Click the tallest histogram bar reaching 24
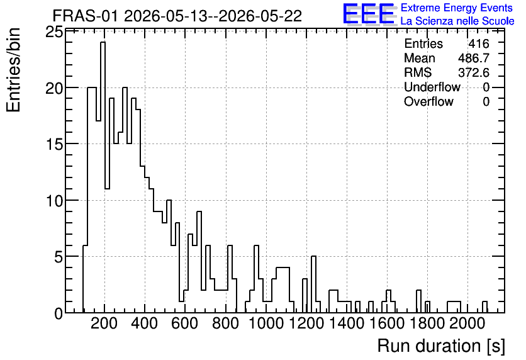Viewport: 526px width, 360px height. [103, 177]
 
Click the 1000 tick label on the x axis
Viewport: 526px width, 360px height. [266, 323]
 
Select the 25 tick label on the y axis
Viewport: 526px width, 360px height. [54, 33]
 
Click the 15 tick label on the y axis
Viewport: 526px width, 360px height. [54, 145]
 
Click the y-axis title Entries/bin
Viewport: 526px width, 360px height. [14, 70]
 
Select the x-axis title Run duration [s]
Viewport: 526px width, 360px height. [441, 346]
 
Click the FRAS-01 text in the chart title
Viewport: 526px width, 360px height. [85, 16]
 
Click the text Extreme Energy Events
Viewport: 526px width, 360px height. [457, 8]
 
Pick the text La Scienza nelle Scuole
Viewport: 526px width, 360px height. [457, 21]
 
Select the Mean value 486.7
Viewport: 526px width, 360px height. [474, 58]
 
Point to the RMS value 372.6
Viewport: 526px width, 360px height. [474, 72]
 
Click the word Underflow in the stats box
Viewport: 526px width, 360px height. [432, 87]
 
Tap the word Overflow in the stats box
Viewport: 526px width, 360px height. [428, 101]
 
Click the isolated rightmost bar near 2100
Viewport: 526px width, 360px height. [484, 307]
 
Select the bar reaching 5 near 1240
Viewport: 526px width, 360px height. [314, 284]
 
